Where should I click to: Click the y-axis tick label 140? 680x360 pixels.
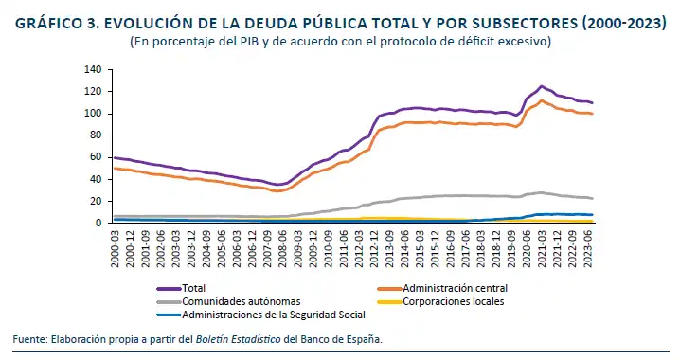pyautogui.click(x=93, y=70)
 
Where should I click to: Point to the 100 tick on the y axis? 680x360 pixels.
pyautogui.click(x=93, y=114)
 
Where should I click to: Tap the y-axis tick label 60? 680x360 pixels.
pyautogui.click(x=96, y=157)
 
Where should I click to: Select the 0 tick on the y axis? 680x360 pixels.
pyautogui.click(x=98, y=224)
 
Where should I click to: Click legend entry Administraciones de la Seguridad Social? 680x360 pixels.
pyautogui.click(x=259, y=315)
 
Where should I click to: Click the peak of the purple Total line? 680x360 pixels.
pyautogui.click(x=541, y=86)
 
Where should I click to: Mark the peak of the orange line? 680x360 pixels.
pyautogui.click(x=541, y=100)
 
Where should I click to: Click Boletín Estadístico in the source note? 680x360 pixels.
pyautogui.click(x=238, y=338)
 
